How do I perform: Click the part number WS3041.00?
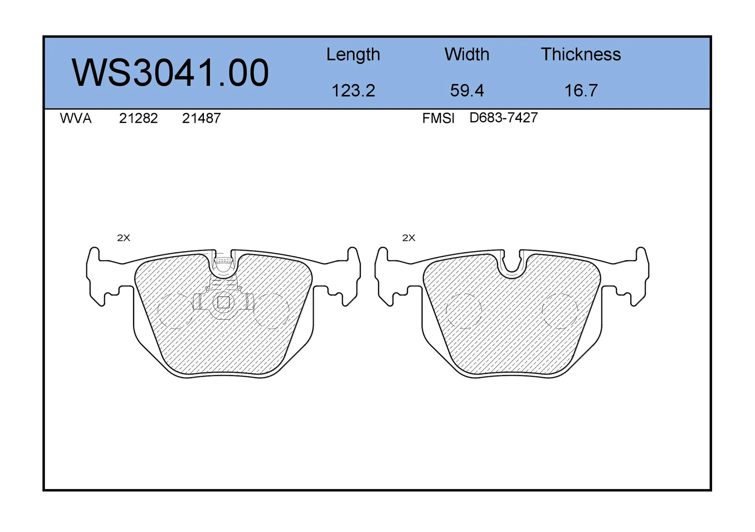(x=170, y=73)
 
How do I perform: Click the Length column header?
(x=353, y=55)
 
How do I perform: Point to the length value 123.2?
(x=353, y=90)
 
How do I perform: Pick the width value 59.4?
(x=467, y=90)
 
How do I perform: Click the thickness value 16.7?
(x=581, y=90)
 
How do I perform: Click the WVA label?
(x=75, y=118)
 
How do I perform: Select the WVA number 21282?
(x=138, y=118)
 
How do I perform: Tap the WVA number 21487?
(x=201, y=118)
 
